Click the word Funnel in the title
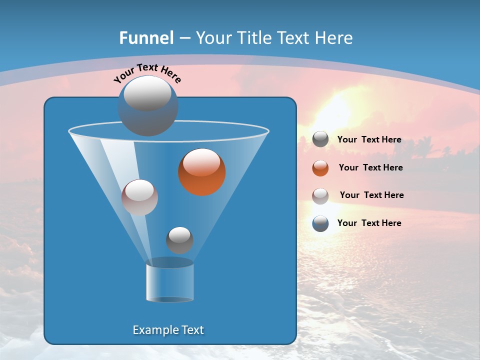146,38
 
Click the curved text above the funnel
147,73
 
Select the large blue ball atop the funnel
148,106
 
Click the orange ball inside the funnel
202,172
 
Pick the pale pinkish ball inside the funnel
139,197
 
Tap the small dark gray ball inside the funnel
179,240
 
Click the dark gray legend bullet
320,139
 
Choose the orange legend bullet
320,168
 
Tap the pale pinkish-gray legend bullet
320,196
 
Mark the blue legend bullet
320,223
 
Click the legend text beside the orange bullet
370,167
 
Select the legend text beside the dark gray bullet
369,139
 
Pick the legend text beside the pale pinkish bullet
371,195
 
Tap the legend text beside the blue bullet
369,223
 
